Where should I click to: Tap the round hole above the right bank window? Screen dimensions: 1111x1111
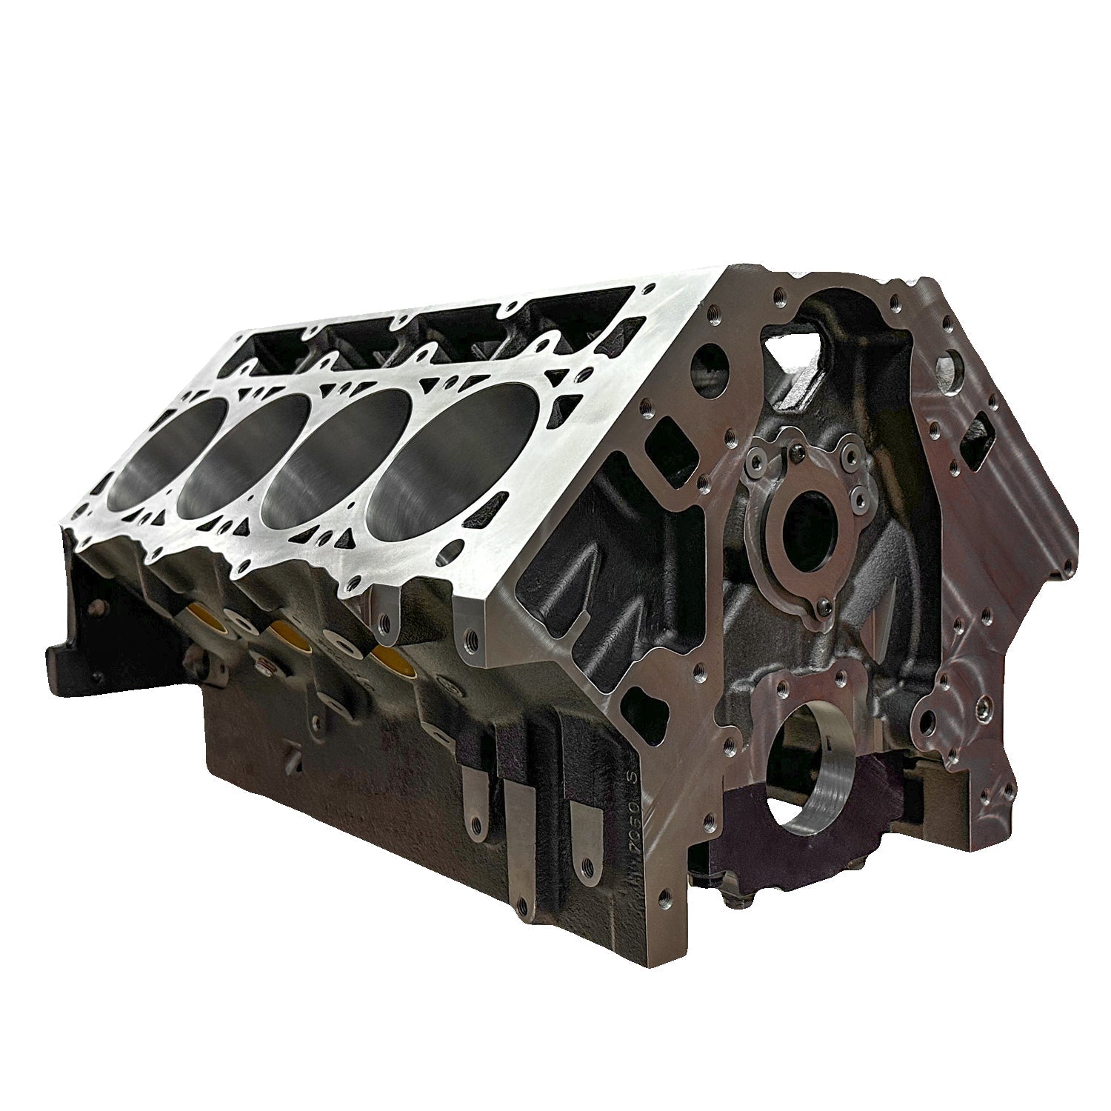(x=947, y=368)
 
